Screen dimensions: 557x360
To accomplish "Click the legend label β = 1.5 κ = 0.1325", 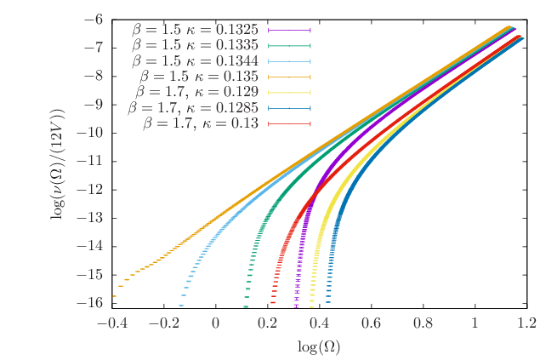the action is tap(195, 30).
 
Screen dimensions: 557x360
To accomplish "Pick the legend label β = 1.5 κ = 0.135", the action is tap(199, 77).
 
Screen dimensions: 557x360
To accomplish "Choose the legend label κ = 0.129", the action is tap(227, 92).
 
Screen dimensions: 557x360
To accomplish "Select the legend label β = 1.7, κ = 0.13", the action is tap(201, 123).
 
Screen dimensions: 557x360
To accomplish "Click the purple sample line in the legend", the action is tap(289, 30).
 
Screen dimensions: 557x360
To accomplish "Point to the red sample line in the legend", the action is tap(289, 123).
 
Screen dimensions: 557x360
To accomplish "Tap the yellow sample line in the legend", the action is tap(289, 93).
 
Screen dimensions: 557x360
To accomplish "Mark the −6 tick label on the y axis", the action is tap(94, 20).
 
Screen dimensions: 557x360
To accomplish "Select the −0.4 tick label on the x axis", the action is tap(112, 323).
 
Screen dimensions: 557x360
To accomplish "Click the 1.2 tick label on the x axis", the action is tap(526, 323).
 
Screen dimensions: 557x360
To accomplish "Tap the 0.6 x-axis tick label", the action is tap(372, 323).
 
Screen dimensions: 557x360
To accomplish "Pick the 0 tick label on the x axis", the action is tap(216, 323).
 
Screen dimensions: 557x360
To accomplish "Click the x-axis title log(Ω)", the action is tap(319, 346).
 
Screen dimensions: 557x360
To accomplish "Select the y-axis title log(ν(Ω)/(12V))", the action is tap(59, 164).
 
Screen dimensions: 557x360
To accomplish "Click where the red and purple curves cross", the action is tap(315, 195).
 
